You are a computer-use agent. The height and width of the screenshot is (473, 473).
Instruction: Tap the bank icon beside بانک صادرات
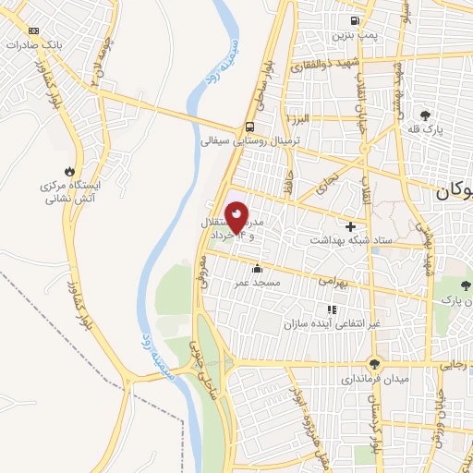point(33,30)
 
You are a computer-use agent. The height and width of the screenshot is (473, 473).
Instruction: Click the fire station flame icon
point(67,170)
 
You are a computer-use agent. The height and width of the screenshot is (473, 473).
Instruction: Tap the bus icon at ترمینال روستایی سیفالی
point(250,127)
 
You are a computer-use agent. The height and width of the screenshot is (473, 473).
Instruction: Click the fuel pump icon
point(354,21)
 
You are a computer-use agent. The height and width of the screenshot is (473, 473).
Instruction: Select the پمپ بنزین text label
point(355,35)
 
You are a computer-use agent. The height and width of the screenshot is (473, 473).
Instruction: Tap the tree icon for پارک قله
point(424,115)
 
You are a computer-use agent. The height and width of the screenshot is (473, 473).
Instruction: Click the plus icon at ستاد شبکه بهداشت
point(349,226)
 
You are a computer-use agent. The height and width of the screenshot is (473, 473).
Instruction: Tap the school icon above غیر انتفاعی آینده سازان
point(330,309)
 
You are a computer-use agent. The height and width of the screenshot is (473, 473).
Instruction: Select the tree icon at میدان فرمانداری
point(374,363)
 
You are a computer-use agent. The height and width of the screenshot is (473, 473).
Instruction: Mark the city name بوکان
point(454,193)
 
